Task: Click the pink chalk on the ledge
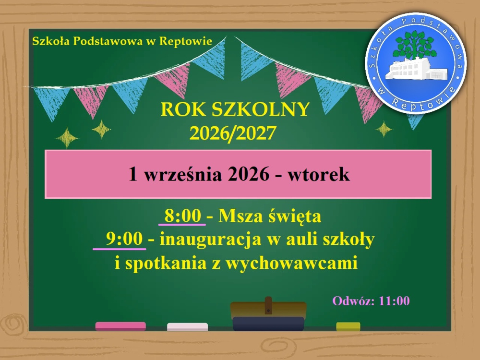120,326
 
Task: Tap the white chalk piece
187,326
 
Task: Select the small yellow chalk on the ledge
348,326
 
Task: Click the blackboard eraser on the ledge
268,315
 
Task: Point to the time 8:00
183,216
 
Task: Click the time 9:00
124,239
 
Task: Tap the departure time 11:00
394,301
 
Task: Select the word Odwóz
354,301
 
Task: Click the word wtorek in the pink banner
318,175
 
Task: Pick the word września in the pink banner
183,175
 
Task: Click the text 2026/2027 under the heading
233,133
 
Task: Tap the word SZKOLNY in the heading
260,109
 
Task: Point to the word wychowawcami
292,263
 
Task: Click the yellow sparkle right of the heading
384,129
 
